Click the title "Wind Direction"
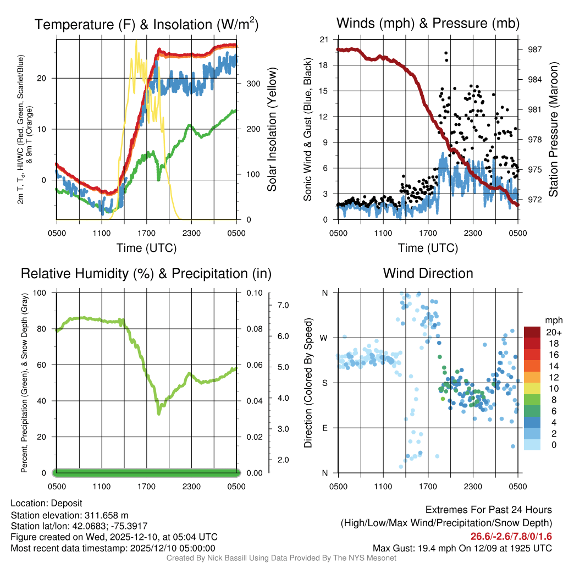(428, 273)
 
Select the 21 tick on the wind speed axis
(324, 40)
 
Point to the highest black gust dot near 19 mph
(445, 53)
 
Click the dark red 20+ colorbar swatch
(532, 333)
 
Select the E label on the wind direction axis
(324, 428)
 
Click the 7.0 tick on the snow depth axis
(282, 305)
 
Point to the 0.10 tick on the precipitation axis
(254, 292)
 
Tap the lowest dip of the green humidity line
(159, 413)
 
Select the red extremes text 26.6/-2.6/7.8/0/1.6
(511, 537)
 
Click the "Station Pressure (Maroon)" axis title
(554, 130)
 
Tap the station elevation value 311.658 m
(106, 515)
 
